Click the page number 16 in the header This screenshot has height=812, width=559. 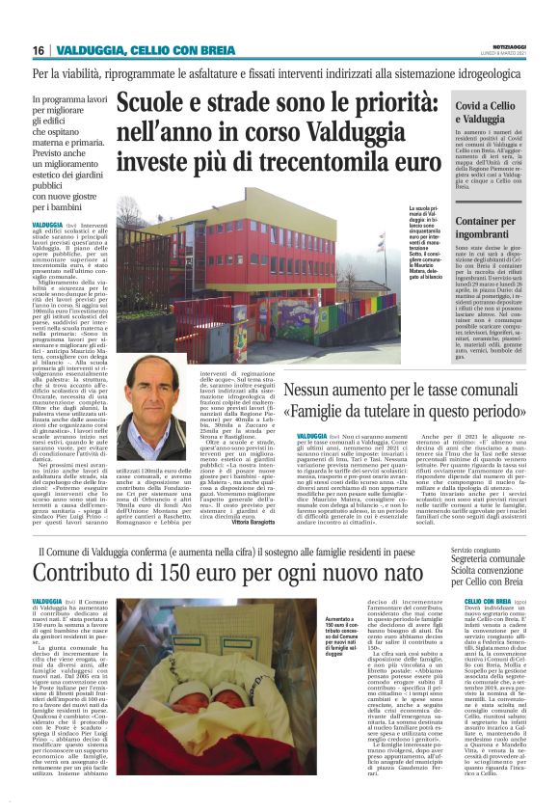38,49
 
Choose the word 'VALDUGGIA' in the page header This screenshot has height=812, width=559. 93,49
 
